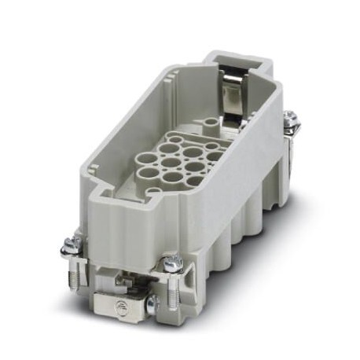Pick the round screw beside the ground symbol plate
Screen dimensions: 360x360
pos(152,300)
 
